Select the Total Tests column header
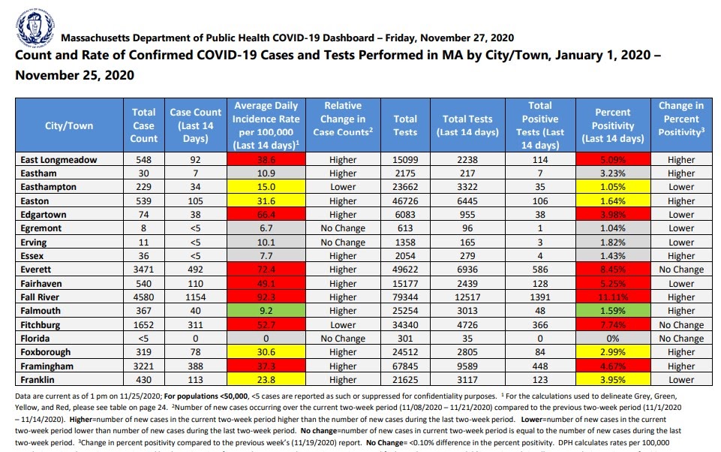click(405, 125)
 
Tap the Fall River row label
click(42, 297)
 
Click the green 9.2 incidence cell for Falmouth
click(266, 311)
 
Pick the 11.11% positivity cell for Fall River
click(613, 297)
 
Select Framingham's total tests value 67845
click(405, 366)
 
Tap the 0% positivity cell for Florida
click(613, 339)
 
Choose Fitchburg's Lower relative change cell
click(343, 325)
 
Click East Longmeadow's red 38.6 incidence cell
click(266, 160)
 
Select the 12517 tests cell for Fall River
click(469, 297)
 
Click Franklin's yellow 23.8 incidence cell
click(266, 380)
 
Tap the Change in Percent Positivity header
click(680, 119)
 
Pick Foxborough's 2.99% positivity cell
click(613, 352)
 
